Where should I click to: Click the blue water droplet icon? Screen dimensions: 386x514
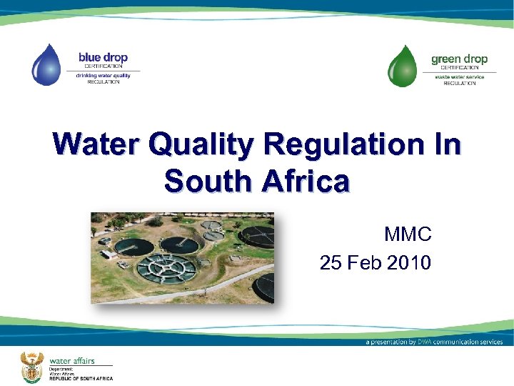(x=46, y=65)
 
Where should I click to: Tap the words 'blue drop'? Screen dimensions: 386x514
(x=104, y=57)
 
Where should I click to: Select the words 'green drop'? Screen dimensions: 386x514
(x=459, y=59)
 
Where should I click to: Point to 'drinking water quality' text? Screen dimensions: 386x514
(x=104, y=75)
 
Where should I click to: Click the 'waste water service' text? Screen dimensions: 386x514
(x=459, y=76)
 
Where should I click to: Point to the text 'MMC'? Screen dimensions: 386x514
(x=408, y=234)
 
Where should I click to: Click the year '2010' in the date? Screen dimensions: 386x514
(x=408, y=263)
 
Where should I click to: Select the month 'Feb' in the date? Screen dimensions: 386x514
(x=365, y=263)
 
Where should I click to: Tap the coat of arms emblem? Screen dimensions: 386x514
(x=30, y=365)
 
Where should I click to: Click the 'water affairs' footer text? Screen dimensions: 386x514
(x=71, y=361)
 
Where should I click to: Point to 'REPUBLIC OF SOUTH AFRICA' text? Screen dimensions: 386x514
(x=81, y=378)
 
